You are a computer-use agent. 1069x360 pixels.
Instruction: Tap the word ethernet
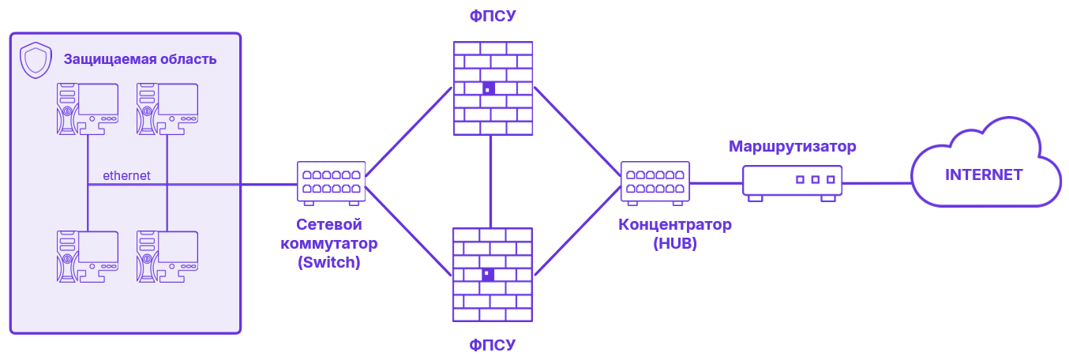(126, 175)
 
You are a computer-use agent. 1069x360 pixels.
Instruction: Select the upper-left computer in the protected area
(87, 108)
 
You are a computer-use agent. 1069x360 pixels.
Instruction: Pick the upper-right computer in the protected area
(167, 108)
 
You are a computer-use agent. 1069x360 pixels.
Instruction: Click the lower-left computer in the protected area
(87, 257)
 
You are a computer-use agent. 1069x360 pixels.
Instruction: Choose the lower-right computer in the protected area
(167, 257)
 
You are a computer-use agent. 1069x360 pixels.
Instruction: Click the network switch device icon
(331, 182)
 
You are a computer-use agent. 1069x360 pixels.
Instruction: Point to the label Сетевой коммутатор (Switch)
(329, 243)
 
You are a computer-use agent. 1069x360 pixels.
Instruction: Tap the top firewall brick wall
(493, 88)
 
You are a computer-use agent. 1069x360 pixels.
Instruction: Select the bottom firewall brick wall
(493, 274)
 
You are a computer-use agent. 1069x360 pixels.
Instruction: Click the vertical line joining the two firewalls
(491, 182)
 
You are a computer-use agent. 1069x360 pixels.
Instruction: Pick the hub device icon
(655, 182)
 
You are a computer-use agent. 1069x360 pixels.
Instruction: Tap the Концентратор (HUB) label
(675, 234)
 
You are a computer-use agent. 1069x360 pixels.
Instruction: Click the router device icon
(792, 182)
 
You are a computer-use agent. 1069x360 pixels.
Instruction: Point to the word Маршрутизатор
(792, 146)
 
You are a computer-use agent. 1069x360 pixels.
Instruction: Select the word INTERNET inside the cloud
(984, 174)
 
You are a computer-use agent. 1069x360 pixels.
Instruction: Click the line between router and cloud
(876, 183)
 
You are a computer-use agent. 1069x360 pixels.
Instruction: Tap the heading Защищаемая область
(140, 59)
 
